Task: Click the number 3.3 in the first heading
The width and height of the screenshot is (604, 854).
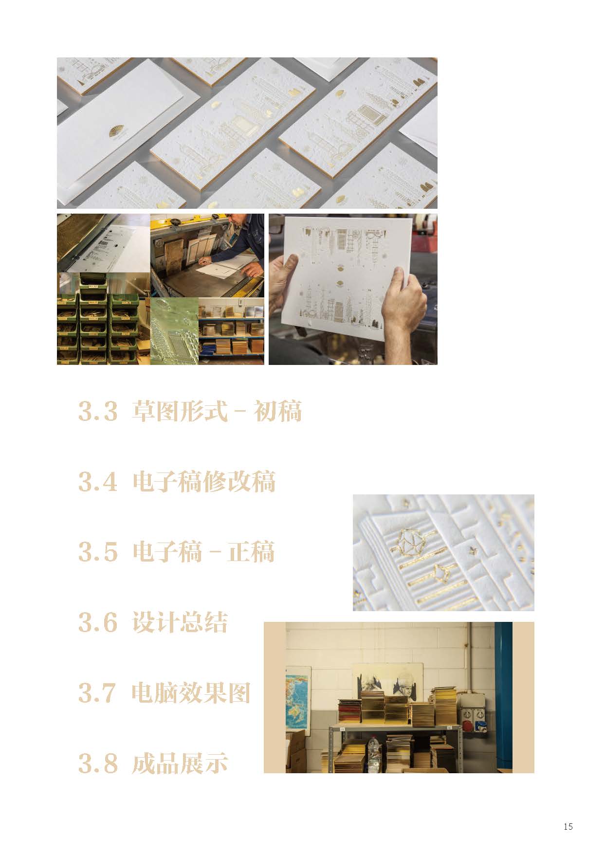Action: pos(98,412)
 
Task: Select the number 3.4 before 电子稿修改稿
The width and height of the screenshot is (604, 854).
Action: pos(98,482)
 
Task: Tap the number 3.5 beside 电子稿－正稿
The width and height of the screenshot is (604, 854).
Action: pos(98,552)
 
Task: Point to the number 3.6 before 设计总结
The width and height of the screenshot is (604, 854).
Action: pos(98,622)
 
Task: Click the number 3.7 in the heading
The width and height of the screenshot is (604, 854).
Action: pos(98,692)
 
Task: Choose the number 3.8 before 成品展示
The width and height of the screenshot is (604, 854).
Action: pos(98,763)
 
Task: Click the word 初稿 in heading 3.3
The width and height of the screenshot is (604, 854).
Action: pos(278,412)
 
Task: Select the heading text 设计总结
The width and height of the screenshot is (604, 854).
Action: pos(180,622)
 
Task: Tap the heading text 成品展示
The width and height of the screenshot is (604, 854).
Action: pos(180,763)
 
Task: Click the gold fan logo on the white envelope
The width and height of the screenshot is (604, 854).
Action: pos(116,131)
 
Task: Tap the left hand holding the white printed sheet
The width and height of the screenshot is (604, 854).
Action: pos(283,277)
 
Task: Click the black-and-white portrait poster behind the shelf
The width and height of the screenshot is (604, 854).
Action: pos(387,679)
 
